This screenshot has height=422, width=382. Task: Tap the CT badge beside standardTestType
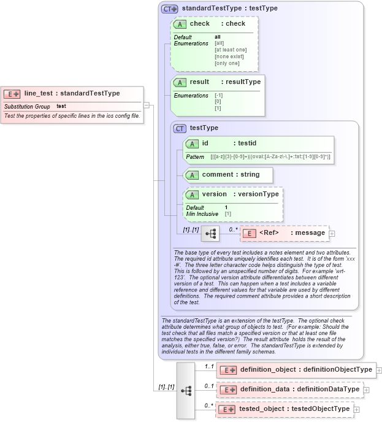pyautogui.click(x=169, y=9)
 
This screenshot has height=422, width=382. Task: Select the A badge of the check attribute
pyautogui.click(x=180, y=24)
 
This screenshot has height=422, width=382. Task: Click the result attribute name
pyautogui.click(x=199, y=82)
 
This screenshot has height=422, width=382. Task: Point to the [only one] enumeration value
pyautogui.click(x=227, y=63)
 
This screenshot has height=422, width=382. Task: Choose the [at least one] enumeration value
pyautogui.click(x=230, y=50)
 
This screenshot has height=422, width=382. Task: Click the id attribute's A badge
pyautogui.click(x=192, y=144)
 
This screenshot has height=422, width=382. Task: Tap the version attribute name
pyautogui.click(x=214, y=194)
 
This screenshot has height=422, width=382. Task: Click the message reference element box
pyautogui.click(x=284, y=233)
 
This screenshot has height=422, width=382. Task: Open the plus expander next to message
pyautogui.click(x=332, y=233)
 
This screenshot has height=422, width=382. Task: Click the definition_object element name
pyautogui.click(x=268, y=370)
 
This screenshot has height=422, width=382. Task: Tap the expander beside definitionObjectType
pyautogui.click(x=379, y=370)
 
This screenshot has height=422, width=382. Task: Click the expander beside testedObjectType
pyautogui.click(x=357, y=409)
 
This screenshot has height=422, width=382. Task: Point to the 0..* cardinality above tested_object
pyautogui.click(x=208, y=405)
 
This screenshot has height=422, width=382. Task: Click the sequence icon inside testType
pyautogui.click(x=210, y=234)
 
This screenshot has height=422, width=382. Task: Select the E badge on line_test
pyautogui.click(x=12, y=94)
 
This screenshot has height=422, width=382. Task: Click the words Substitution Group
pyautogui.click(x=27, y=107)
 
